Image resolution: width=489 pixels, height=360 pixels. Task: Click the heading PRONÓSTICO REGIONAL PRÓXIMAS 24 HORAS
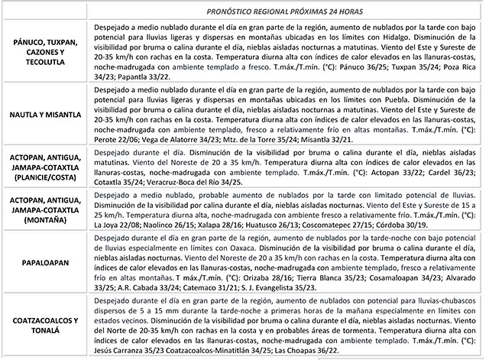(x=282, y=12)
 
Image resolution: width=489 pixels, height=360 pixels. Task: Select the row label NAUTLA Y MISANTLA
(x=45, y=115)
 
